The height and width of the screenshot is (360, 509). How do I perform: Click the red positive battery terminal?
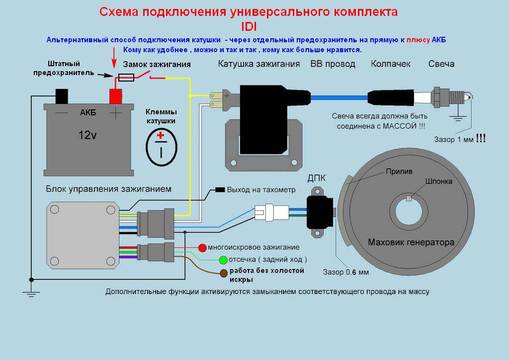[x=116, y=95]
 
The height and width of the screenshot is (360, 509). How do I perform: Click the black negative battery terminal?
[x=62, y=95]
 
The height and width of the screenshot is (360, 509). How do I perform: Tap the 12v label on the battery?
[x=87, y=135]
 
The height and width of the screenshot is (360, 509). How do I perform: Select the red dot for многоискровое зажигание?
[x=202, y=247]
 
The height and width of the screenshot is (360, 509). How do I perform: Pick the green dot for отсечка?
[x=223, y=260]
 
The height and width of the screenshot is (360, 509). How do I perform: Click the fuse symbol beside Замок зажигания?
[x=126, y=77]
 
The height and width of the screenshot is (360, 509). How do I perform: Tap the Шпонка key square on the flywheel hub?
[x=409, y=199]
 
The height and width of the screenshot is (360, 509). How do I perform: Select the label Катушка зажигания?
[x=259, y=64]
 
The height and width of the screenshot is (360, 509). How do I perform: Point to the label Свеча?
[x=441, y=64]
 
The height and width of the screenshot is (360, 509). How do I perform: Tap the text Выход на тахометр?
[x=261, y=190]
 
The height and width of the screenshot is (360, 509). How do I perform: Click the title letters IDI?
[x=249, y=25]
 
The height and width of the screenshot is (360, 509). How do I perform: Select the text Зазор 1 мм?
[x=454, y=139]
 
